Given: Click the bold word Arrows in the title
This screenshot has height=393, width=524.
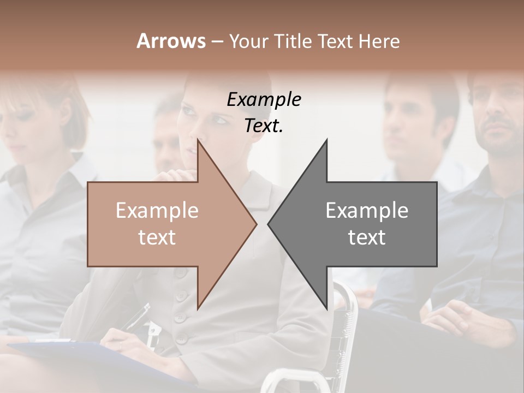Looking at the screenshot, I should click(x=171, y=41).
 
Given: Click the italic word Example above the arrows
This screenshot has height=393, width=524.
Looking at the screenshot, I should click(x=264, y=100).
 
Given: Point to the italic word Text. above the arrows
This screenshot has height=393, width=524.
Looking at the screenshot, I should click(x=264, y=126).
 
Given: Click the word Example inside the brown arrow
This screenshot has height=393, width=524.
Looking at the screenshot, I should click(x=157, y=211).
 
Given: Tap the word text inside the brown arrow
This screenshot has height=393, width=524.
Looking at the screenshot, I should click(x=157, y=237).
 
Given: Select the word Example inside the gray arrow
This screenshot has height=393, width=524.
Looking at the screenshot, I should click(x=367, y=211).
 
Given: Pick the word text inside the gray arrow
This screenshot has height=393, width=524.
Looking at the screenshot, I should click(x=367, y=237).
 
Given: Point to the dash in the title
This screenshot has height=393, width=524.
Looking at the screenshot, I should click(x=217, y=41).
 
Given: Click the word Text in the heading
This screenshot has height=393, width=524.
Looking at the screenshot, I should click(x=335, y=41).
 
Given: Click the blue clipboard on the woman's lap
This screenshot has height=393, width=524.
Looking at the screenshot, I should click(x=82, y=355).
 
